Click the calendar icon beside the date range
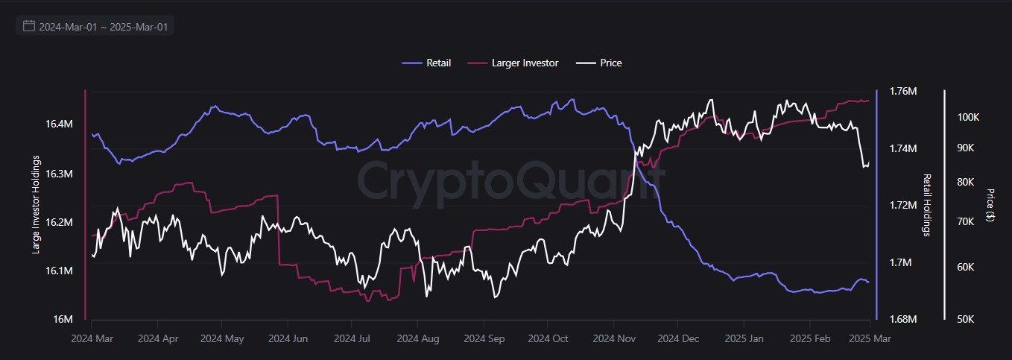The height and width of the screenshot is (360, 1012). [x=29, y=26]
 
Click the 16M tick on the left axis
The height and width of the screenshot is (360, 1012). [x=63, y=320]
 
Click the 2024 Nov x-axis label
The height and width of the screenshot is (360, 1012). [x=613, y=338]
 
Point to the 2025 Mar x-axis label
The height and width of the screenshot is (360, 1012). [x=870, y=338]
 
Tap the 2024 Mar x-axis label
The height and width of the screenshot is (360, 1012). [x=92, y=338]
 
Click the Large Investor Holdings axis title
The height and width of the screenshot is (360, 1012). [x=36, y=205]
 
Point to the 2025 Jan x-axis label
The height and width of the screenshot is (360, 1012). [x=745, y=338]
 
